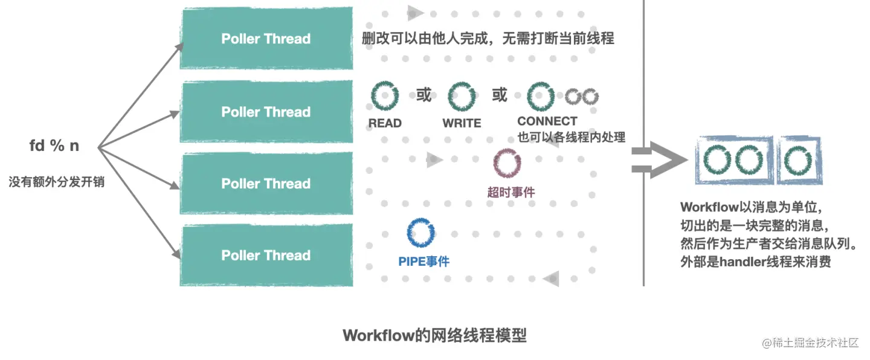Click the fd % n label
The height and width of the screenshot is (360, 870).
(x=54, y=146)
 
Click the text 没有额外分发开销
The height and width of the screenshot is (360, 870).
(x=56, y=181)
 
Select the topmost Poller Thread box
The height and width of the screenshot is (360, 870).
(x=266, y=39)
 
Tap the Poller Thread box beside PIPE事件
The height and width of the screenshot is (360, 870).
(x=266, y=255)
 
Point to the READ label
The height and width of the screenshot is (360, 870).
(x=385, y=123)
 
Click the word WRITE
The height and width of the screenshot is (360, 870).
(x=462, y=123)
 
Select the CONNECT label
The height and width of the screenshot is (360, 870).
(x=547, y=121)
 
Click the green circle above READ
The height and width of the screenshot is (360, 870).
(x=385, y=96)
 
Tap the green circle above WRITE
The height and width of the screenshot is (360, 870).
(x=462, y=96)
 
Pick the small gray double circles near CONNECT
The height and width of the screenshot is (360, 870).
(x=582, y=96)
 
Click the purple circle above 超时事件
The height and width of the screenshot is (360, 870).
(x=507, y=163)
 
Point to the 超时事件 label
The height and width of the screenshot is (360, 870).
(x=511, y=193)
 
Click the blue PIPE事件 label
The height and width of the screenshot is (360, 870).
(x=424, y=262)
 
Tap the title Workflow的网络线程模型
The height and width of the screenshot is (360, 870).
(x=434, y=335)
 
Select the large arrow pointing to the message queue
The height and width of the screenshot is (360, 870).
(x=659, y=160)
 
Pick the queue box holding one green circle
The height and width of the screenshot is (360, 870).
(x=798, y=160)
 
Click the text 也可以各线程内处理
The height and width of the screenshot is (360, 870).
(x=571, y=137)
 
